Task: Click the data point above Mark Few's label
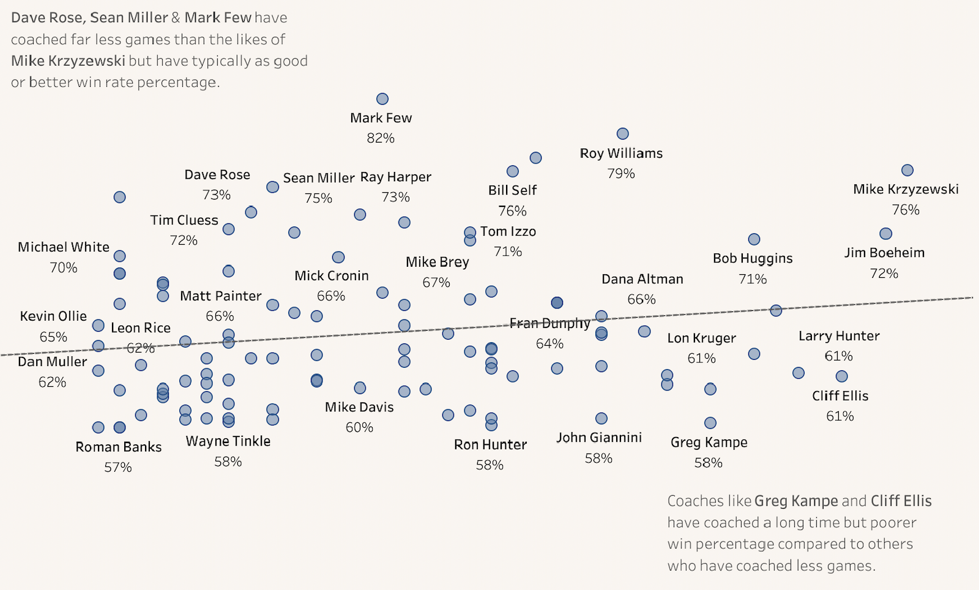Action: coord(382,99)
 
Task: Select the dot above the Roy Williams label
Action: coord(622,134)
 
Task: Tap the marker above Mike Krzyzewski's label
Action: coord(907,170)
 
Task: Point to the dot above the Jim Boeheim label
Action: coord(885,234)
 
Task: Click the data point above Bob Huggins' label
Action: coord(754,239)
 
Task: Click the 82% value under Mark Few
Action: coord(381,138)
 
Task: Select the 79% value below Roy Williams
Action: coord(621,174)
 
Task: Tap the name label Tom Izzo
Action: coord(508,231)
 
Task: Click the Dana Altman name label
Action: coord(642,279)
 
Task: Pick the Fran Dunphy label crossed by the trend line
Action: coord(549,323)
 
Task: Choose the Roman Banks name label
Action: coord(118,447)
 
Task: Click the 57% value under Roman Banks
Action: coord(118,468)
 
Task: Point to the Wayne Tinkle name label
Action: coord(228,441)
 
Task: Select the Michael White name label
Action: coord(64,247)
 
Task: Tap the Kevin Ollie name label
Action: coord(53,316)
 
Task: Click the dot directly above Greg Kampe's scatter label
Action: coord(710,423)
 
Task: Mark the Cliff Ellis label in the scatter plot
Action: coord(840,396)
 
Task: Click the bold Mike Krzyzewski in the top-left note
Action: coord(68,61)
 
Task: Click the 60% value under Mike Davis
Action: coord(359,428)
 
